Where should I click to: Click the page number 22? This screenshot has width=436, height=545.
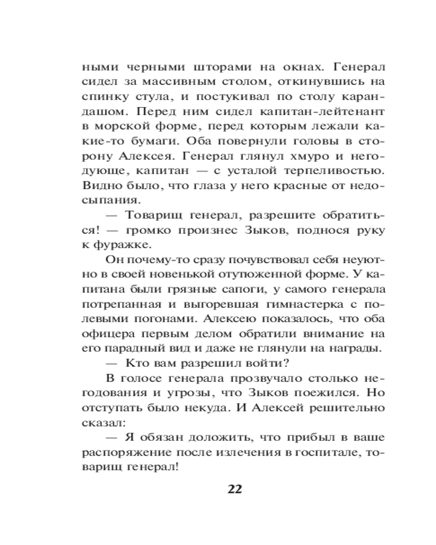click(x=234, y=488)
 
